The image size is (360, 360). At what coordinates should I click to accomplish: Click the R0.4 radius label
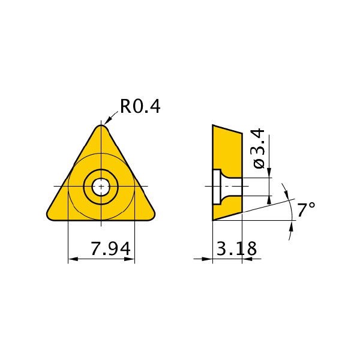click(x=140, y=107)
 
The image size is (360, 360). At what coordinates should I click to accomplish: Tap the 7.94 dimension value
click(x=111, y=248)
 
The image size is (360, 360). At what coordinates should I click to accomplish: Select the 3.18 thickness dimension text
click(x=236, y=248)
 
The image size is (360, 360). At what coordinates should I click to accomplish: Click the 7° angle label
click(x=306, y=209)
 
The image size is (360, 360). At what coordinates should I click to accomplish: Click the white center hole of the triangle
click(x=101, y=187)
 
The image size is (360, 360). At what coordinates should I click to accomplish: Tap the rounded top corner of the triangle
click(x=101, y=127)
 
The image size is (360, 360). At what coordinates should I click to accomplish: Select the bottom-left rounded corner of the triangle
click(x=50, y=216)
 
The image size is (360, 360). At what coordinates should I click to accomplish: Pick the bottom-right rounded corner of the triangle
click(x=151, y=216)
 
